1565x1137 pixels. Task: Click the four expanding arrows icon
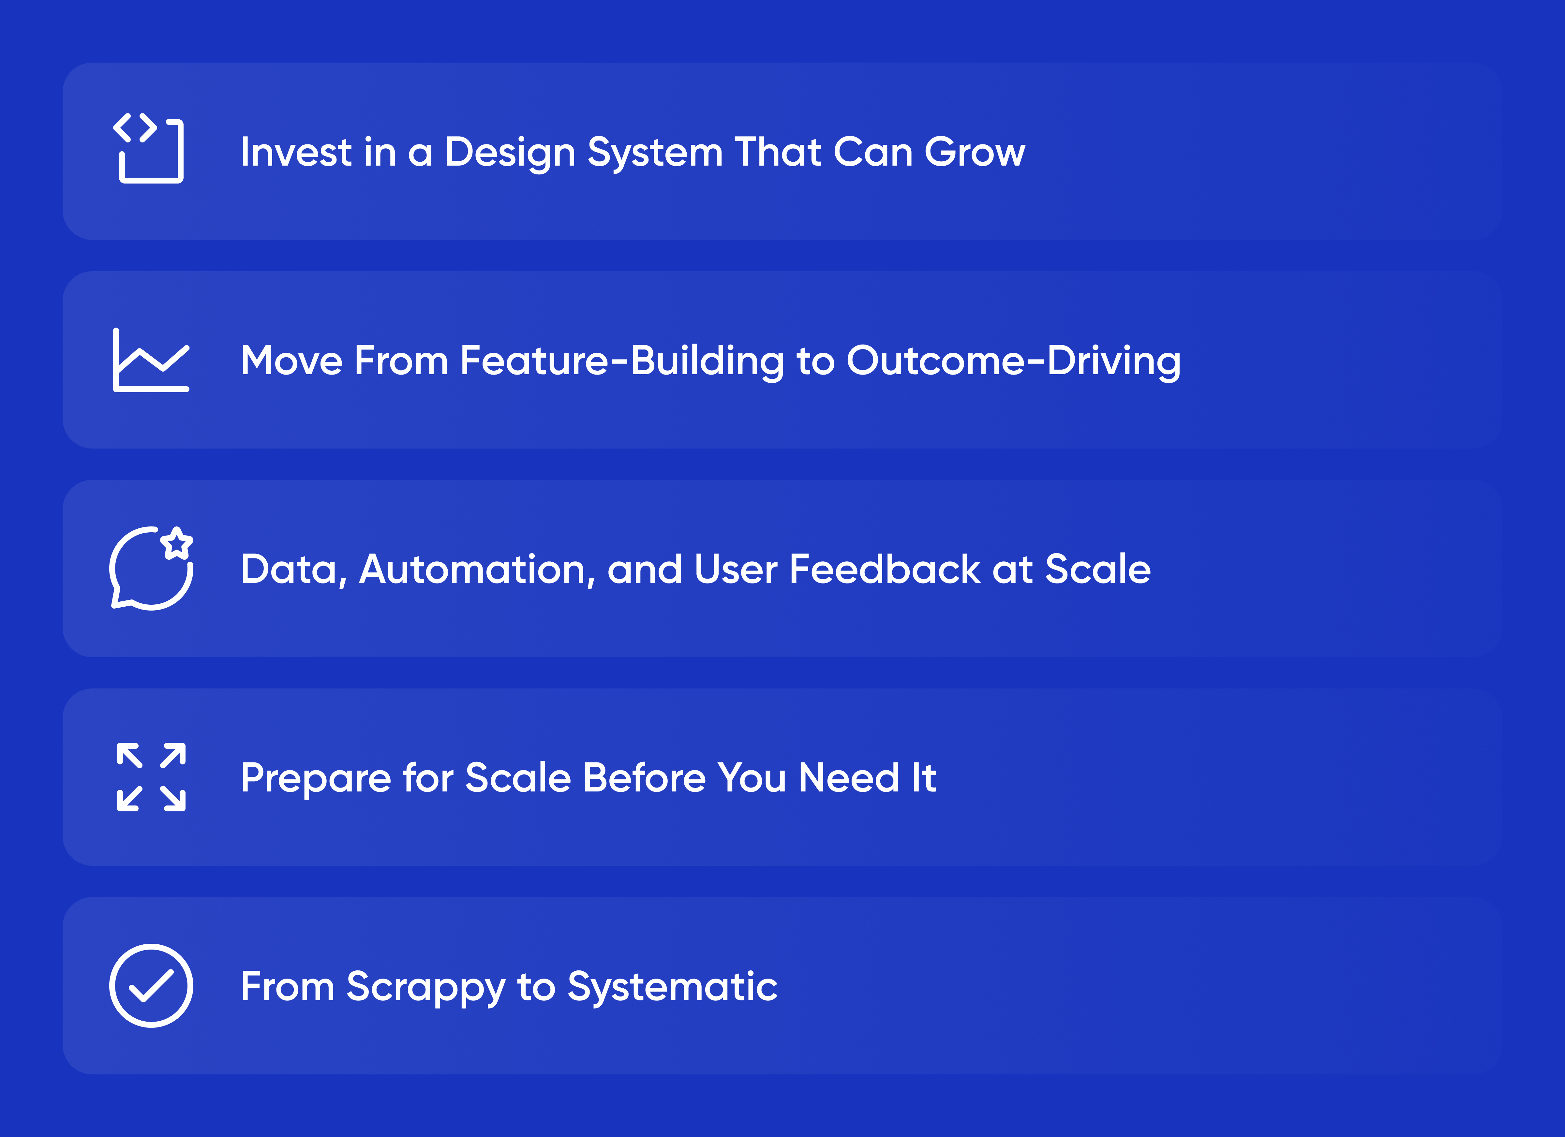coord(151,777)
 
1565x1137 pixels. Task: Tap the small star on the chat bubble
coord(177,543)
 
